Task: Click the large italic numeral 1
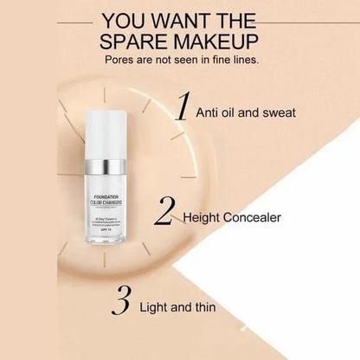(x=183, y=109)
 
